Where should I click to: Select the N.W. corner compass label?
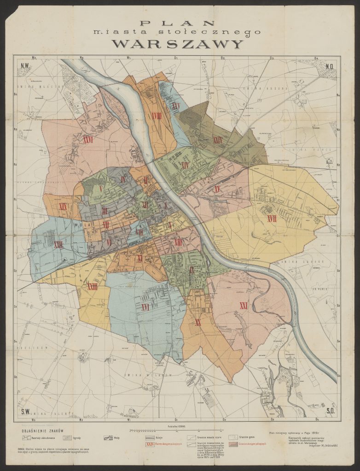coord(25,66)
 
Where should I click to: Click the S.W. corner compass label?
coord(25,410)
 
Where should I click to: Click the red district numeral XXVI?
coord(88,138)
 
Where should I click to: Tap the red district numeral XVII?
coord(272,219)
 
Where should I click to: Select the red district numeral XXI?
coord(244,305)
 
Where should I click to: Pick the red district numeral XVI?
coord(145,307)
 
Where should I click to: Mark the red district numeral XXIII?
coord(92,287)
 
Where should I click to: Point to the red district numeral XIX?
coord(63,207)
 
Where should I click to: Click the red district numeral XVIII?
coord(156,116)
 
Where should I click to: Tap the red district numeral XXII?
coord(58,245)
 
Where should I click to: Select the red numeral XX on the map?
coord(198,322)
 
